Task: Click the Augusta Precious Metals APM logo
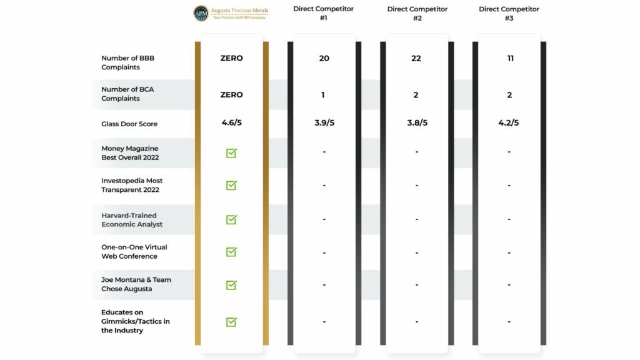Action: pos(201,13)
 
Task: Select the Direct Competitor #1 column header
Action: pos(323,13)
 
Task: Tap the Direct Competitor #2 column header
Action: pos(417,13)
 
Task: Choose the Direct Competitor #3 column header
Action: pos(509,13)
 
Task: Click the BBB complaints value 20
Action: pos(324,58)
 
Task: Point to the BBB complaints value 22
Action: pos(416,58)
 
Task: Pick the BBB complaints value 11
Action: pos(509,58)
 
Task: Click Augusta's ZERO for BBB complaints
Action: pos(231,58)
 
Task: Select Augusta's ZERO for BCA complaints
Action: pos(231,94)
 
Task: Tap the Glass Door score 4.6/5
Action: pos(231,122)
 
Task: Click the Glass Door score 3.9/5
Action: pos(324,122)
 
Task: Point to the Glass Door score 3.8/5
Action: pos(417,122)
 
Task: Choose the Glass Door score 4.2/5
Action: pos(509,122)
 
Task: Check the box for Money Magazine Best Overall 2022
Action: pos(231,152)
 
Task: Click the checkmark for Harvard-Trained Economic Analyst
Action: pos(231,219)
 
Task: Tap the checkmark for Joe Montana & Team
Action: pos(231,285)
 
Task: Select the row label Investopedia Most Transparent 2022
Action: pos(132,185)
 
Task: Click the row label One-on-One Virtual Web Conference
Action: pos(134,251)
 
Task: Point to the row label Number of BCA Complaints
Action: pos(127,94)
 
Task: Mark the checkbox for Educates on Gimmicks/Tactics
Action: pos(231,321)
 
